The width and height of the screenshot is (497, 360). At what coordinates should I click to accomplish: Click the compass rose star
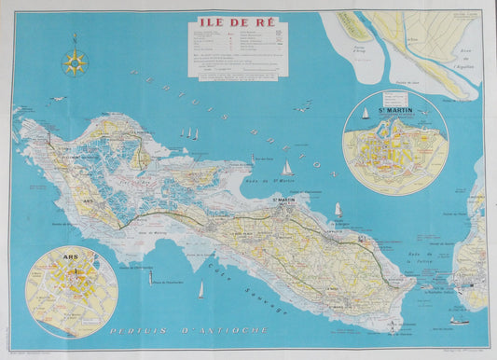(x=75, y=62)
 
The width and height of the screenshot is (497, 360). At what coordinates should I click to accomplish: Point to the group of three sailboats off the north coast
(x=190, y=134)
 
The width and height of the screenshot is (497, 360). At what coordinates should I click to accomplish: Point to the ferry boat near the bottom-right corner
(x=459, y=320)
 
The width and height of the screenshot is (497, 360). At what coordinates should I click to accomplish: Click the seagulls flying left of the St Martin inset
(x=304, y=108)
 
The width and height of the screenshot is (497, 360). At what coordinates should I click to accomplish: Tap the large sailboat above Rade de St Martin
(x=287, y=170)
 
